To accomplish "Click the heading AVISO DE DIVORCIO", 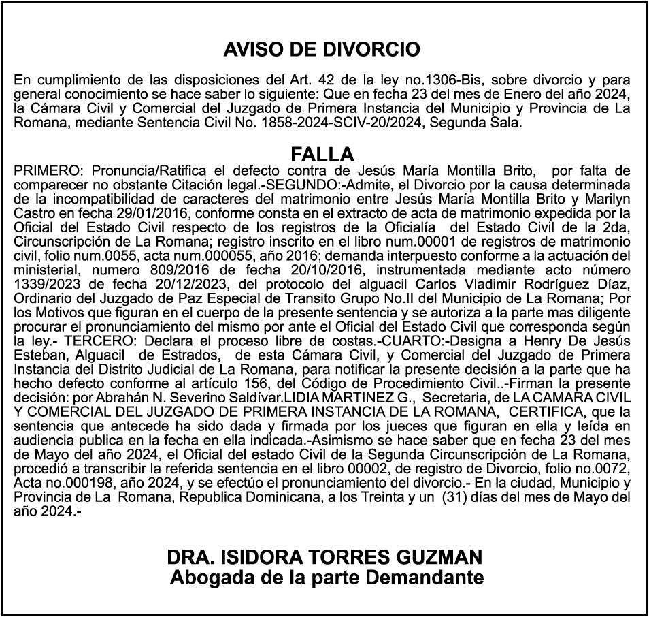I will (x=322, y=50).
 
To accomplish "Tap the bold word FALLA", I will (x=322, y=153).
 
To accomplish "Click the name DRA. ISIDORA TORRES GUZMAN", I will (x=325, y=556).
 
